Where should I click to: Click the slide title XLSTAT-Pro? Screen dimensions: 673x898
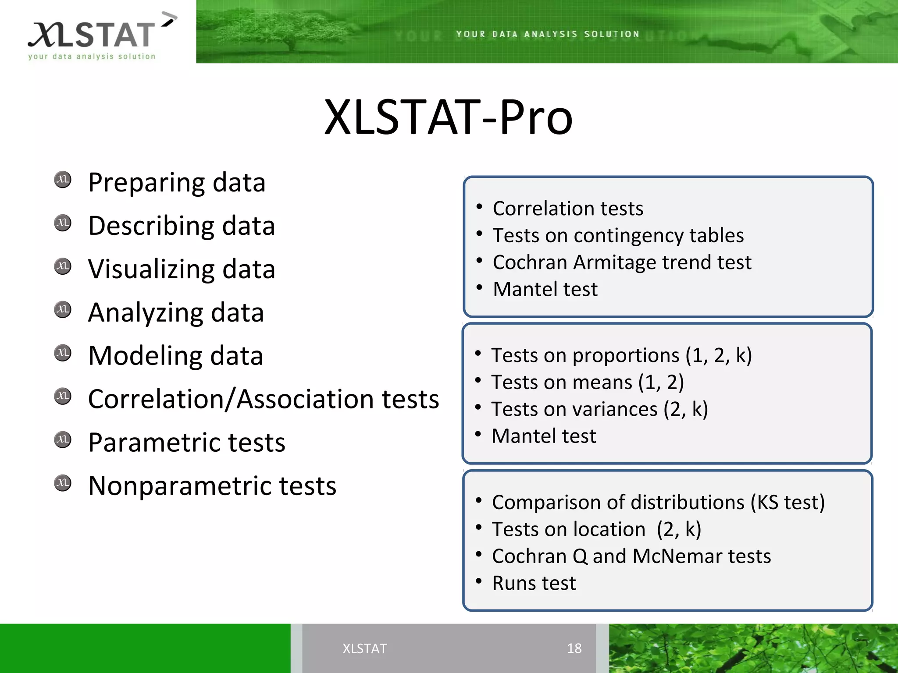pos(448,117)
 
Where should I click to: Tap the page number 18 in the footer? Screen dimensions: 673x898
pos(574,648)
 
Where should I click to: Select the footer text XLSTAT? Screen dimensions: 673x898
pos(364,648)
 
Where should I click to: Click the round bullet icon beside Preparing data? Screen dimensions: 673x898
pos(63,180)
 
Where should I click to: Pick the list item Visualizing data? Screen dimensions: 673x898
pos(182,269)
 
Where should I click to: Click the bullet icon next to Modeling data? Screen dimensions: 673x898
pos(63,353)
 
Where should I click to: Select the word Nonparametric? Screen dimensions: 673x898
pos(179,486)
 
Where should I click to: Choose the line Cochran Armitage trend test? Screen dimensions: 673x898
pos(622,262)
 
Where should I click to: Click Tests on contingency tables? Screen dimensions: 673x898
pos(618,236)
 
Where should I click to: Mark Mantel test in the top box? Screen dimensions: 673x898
pos(545,289)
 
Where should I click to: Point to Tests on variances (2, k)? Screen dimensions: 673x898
pos(599,409)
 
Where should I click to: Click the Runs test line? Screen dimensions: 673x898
pos(534,583)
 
